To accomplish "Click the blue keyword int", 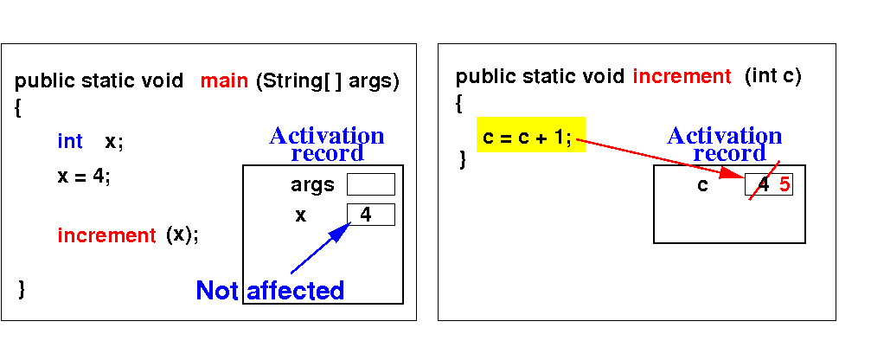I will pos(70,141).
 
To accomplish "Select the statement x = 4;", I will pos(84,177).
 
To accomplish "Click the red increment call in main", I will pos(106,235).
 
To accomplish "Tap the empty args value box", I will pos(370,184).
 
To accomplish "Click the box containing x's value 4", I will pos(370,215).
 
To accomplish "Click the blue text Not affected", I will pos(270,291).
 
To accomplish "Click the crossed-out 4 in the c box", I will pos(762,184).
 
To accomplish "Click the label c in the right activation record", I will pos(703,185).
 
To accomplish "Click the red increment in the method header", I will pos(682,76).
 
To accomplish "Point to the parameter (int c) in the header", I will pos(773,76).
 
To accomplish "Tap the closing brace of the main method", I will pos(22,289).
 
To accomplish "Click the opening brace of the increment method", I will pos(459,104).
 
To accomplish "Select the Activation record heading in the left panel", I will pos(327,145).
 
